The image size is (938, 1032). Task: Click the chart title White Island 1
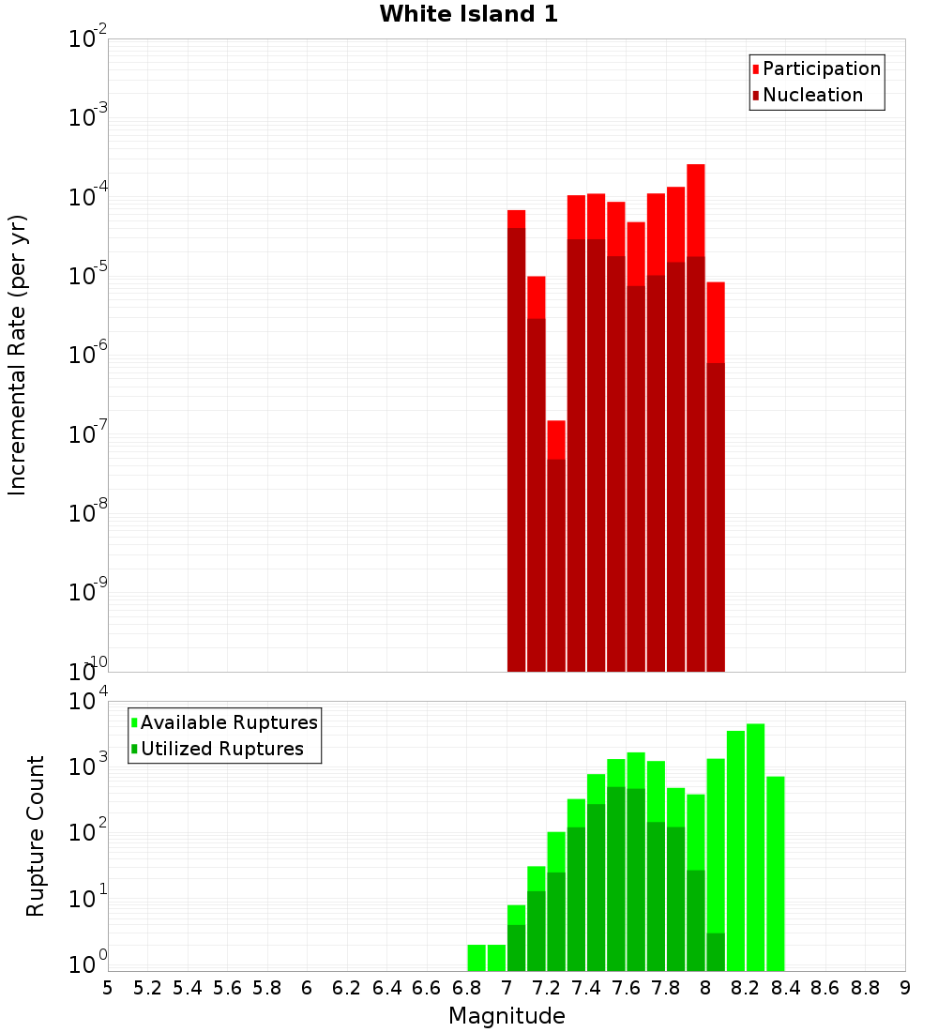click(x=468, y=14)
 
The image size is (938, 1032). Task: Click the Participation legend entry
click(x=821, y=68)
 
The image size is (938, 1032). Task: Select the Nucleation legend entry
click(x=812, y=95)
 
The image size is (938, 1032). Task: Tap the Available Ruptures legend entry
click(x=228, y=722)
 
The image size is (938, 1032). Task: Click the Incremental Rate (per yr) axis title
click(x=17, y=355)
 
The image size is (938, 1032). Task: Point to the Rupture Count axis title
click(x=36, y=835)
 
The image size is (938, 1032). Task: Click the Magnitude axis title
click(x=507, y=1016)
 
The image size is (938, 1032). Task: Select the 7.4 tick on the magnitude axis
click(x=586, y=988)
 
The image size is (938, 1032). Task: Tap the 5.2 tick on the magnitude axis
click(x=147, y=988)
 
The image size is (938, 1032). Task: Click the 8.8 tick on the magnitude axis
click(x=866, y=988)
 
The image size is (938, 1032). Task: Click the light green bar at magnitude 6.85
click(x=477, y=957)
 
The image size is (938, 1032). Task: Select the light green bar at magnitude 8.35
click(x=775, y=873)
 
